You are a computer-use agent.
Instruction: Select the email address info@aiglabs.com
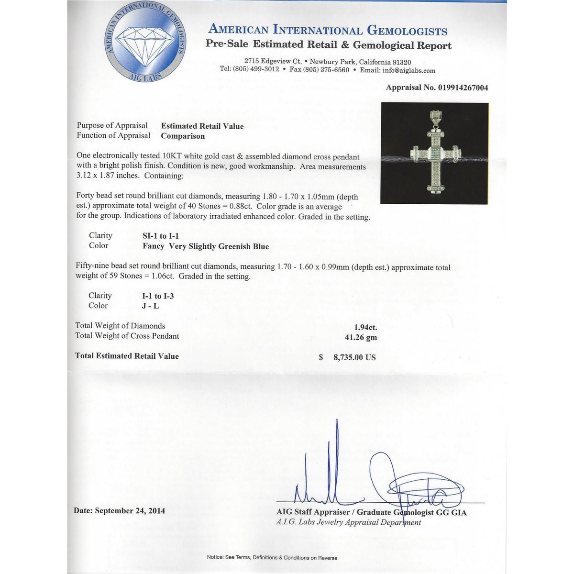pyautogui.click(x=409, y=70)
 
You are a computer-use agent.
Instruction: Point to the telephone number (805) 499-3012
pyautogui.click(x=256, y=69)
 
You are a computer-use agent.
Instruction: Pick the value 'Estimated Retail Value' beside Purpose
pyautogui.click(x=202, y=126)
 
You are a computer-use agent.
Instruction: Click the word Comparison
pyautogui.click(x=183, y=136)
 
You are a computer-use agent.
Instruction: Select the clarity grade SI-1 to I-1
pyautogui.click(x=161, y=236)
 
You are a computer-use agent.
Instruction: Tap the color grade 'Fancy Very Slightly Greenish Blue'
pyautogui.click(x=206, y=247)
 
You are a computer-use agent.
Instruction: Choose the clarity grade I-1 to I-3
pyautogui.click(x=158, y=296)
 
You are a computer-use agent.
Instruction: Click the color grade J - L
pyautogui.click(x=150, y=306)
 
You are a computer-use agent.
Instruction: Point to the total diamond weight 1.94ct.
pyautogui.click(x=365, y=328)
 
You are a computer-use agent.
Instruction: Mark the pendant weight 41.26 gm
pyautogui.click(x=361, y=338)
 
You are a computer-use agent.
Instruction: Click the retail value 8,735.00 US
pyautogui.click(x=354, y=357)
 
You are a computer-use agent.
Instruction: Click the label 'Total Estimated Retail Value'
pyautogui.click(x=127, y=356)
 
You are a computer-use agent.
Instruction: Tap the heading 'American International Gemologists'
pyautogui.click(x=328, y=30)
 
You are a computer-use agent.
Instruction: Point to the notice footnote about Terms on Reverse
pyautogui.click(x=272, y=558)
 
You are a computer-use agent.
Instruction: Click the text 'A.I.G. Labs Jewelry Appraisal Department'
pyautogui.click(x=349, y=522)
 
